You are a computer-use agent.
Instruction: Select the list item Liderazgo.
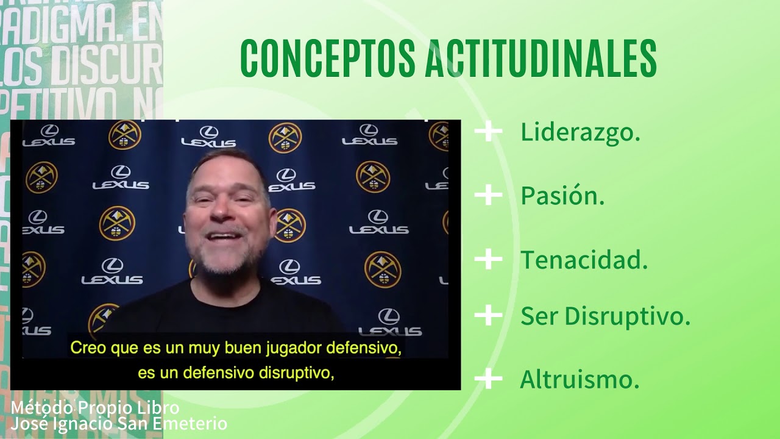click(x=580, y=132)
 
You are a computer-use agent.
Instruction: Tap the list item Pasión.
click(x=562, y=196)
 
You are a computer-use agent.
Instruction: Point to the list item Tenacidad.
click(x=584, y=260)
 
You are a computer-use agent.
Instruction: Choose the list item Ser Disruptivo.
click(x=605, y=316)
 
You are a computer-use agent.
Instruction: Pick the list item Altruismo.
click(x=580, y=380)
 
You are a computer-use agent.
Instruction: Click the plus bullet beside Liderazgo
click(x=488, y=132)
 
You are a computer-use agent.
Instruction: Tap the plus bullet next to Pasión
click(x=488, y=195)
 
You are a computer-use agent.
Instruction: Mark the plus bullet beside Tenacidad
click(x=488, y=259)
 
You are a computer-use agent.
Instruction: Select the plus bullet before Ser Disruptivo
click(x=488, y=316)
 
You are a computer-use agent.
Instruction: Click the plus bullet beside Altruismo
click(x=488, y=379)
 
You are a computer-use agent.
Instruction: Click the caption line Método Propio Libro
click(x=95, y=407)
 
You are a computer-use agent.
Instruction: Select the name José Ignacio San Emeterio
click(x=119, y=423)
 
